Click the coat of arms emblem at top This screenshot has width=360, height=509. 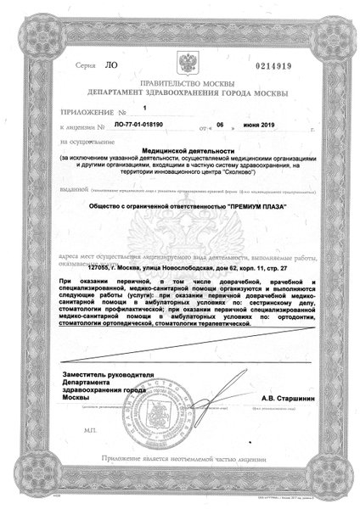(181, 64)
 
